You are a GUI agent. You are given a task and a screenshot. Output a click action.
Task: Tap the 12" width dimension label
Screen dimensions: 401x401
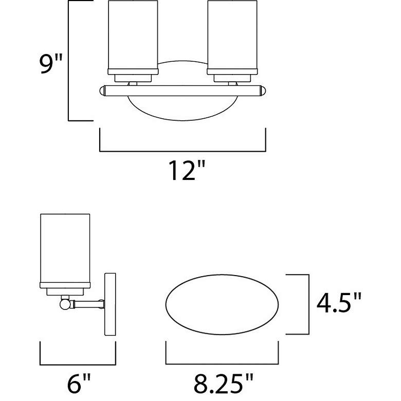click(x=183, y=172)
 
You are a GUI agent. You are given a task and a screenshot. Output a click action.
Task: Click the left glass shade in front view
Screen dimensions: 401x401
click(x=132, y=35)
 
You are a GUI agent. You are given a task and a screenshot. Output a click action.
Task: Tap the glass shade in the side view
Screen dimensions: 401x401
click(x=66, y=247)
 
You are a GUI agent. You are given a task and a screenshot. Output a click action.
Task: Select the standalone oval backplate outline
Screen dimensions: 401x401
click(x=222, y=304)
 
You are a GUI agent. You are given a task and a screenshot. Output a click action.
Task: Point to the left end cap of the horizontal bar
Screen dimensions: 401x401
click(x=102, y=92)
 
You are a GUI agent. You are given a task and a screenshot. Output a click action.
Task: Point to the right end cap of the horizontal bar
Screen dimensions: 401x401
click(x=264, y=92)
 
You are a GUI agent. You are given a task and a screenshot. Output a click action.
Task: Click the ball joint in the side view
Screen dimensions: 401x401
click(x=65, y=304)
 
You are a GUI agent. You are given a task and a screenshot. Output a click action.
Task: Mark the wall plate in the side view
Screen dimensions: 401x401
click(x=111, y=304)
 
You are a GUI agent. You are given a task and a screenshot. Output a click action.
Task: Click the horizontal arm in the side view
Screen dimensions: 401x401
click(x=86, y=304)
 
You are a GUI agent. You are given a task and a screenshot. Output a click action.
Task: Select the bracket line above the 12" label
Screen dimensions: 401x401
click(x=183, y=151)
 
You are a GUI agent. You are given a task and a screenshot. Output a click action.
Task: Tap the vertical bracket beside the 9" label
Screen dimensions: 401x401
click(x=69, y=61)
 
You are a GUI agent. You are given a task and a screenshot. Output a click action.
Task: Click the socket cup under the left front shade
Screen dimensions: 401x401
click(x=132, y=78)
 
